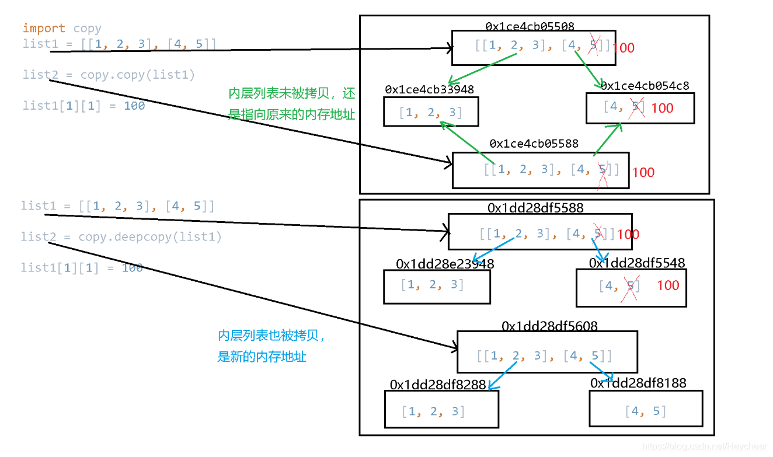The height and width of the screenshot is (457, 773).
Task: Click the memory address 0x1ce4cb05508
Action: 530,26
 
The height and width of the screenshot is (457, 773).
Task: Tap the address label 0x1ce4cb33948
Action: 429,89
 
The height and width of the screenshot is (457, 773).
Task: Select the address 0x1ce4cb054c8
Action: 645,86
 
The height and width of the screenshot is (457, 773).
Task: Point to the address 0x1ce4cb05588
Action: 534,144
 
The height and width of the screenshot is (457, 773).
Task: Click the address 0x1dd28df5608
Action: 549,326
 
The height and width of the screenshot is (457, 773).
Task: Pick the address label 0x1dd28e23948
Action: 445,264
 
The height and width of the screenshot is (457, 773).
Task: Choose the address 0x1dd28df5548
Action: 636,263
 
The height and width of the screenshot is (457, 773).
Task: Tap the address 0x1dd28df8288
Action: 437,385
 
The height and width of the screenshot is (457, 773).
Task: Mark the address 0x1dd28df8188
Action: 638,383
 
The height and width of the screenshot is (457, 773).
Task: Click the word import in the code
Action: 44,28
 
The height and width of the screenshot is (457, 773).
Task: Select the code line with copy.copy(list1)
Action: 109,75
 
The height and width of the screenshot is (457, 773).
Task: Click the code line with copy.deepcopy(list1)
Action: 121,237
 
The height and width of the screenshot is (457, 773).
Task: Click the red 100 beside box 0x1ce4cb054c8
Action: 662,108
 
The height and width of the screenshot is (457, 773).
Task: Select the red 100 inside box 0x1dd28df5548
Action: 668,285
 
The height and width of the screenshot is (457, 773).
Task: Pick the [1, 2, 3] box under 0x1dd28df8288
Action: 441,409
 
